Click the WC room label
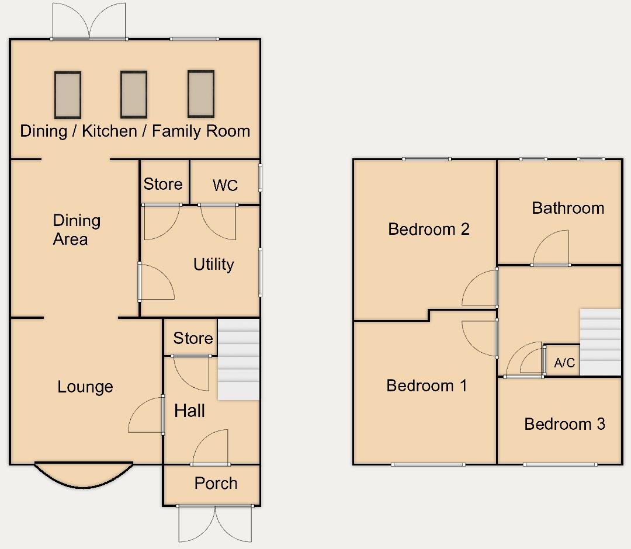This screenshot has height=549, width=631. (x=225, y=185)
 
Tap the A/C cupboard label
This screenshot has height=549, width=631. (x=564, y=363)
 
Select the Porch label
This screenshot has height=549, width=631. (x=216, y=483)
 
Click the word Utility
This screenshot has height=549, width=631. (x=214, y=264)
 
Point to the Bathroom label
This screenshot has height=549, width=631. (x=568, y=208)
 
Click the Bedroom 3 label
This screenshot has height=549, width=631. (x=564, y=424)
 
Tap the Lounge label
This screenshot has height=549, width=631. (x=85, y=387)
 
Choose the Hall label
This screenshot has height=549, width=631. (x=189, y=411)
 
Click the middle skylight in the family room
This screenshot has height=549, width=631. (x=134, y=95)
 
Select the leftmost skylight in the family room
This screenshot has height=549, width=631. (x=68, y=95)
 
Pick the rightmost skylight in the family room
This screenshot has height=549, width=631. (x=201, y=93)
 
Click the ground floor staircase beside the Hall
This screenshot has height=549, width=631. (x=238, y=360)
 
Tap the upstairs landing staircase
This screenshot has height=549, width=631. (x=600, y=342)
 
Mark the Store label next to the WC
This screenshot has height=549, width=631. (x=163, y=184)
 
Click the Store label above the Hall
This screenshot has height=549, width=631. (x=193, y=338)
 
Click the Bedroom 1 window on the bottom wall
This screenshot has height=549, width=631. (x=428, y=464)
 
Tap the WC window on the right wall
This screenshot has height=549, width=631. (x=261, y=178)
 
